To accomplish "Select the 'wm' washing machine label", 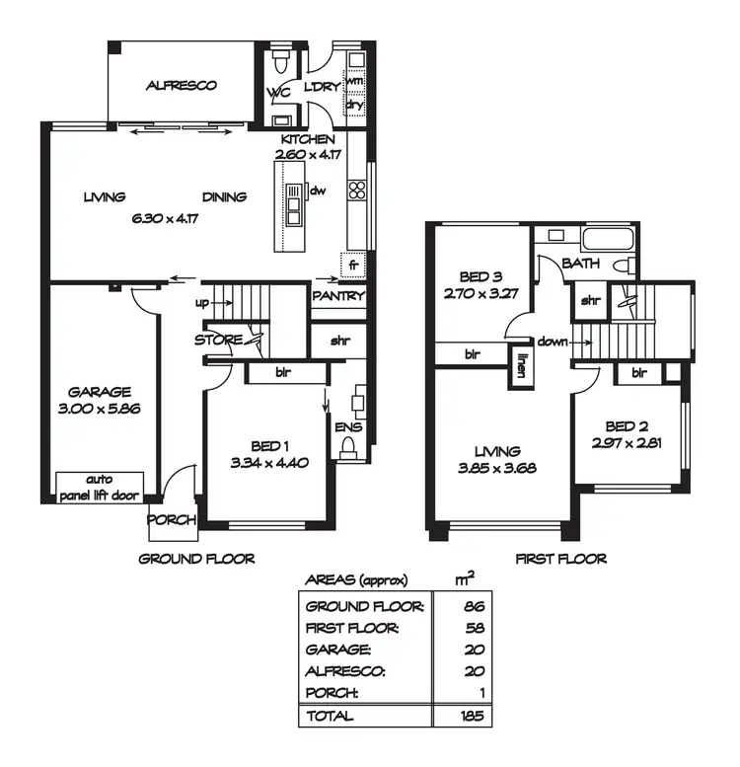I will [x=355, y=83].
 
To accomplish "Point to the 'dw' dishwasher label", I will [x=318, y=192].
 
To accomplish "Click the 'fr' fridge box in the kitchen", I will [x=353, y=265].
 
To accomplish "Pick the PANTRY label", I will [x=338, y=295].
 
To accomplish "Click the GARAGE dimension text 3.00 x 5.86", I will [x=100, y=407].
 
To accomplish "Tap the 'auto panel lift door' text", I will [x=99, y=487].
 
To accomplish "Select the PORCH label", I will [x=172, y=520].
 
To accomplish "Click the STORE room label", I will [x=219, y=340].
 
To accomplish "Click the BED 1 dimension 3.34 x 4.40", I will [x=263, y=462].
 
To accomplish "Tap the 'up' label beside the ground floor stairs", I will [x=202, y=302].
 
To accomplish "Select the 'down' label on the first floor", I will [x=554, y=342].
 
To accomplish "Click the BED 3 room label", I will [x=483, y=277].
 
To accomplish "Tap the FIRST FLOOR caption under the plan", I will [x=560, y=559].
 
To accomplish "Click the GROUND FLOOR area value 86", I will [x=476, y=606].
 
